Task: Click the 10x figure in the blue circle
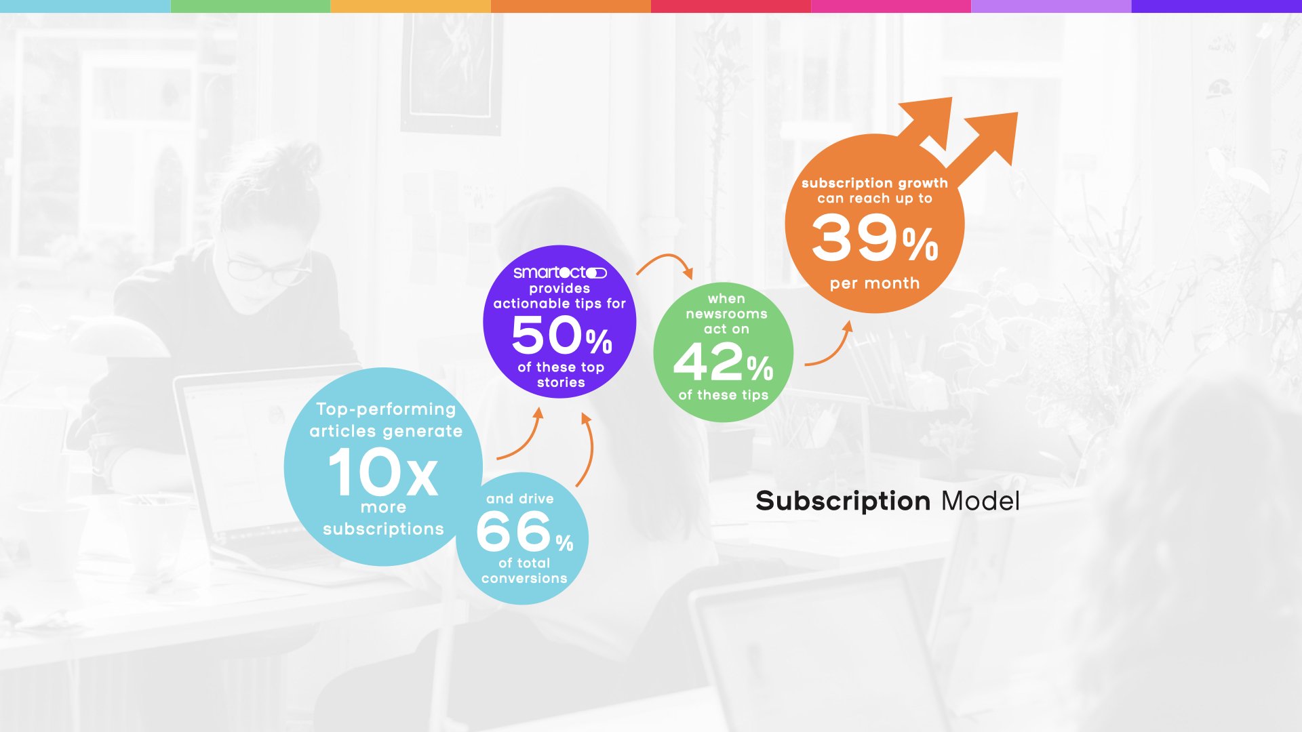tap(383, 473)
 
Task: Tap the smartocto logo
tap(559, 272)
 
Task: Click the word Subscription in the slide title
tap(843, 502)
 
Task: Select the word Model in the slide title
tap(980, 502)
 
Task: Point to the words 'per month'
tap(875, 283)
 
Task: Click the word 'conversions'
tap(524, 578)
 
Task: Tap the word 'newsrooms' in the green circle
tap(726, 314)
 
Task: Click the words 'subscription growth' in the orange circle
tap(875, 183)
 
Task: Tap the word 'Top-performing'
tap(386, 409)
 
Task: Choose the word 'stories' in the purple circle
tap(561, 383)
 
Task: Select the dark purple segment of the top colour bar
tap(1217, 6)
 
